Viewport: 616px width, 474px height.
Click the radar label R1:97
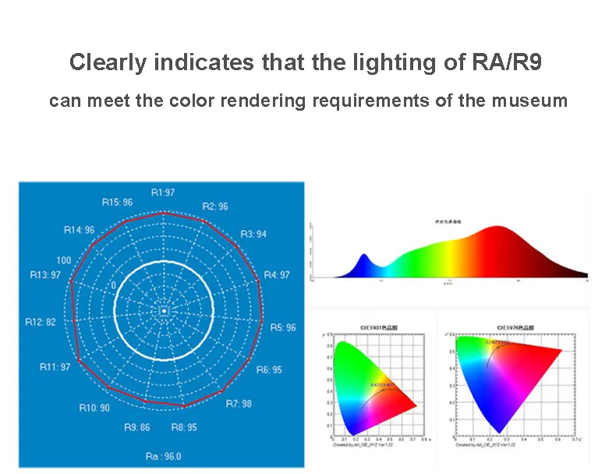[x=163, y=192]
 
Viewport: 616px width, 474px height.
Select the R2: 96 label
[x=215, y=207]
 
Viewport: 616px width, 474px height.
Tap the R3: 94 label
[x=253, y=234]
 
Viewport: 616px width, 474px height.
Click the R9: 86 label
[x=137, y=426]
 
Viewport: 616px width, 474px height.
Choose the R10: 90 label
[x=94, y=408]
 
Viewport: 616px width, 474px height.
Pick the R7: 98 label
[x=239, y=404]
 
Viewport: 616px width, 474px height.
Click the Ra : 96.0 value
[x=163, y=456]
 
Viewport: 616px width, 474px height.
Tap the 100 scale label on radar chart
[x=63, y=260]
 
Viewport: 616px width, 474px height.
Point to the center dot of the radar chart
[x=165, y=311]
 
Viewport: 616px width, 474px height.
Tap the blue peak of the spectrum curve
[x=363, y=256]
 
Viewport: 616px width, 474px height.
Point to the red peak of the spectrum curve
[x=500, y=228]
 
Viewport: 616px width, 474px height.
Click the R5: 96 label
[x=283, y=327]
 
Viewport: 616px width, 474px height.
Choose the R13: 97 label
[x=45, y=274]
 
